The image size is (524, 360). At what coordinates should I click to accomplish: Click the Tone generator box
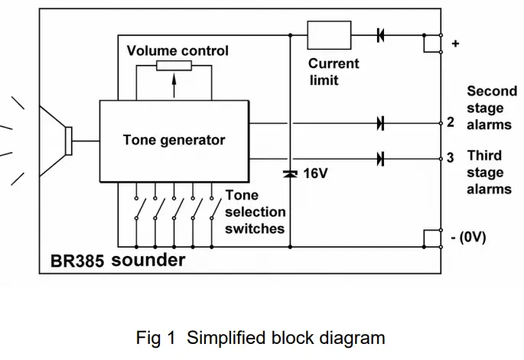point(174,141)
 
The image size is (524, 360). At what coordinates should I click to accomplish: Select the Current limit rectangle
point(329,35)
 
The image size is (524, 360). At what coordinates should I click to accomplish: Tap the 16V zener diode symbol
point(290,174)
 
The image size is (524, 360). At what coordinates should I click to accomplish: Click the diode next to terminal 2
point(380,122)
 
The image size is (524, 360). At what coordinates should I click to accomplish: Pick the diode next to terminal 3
point(380,158)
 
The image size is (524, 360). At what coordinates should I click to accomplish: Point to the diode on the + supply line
point(380,35)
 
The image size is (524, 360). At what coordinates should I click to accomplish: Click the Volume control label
point(177,51)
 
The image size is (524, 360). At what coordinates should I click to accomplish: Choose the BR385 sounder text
point(118,261)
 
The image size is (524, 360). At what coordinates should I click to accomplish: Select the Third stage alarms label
point(490,171)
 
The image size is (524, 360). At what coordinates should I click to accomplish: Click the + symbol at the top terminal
point(456,44)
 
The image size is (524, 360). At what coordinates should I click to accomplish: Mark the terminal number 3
point(451,158)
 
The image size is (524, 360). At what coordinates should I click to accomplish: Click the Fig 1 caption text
point(260,337)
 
